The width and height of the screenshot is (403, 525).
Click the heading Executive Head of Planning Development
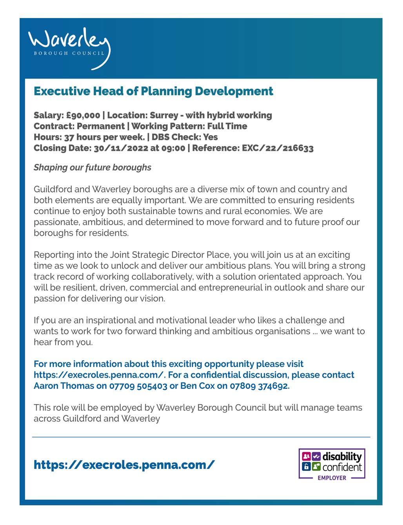(153, 91)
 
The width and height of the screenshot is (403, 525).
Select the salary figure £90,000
(83, 115)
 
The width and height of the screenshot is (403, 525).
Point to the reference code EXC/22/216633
(278, 148)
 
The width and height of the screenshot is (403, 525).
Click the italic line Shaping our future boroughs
(92, 167)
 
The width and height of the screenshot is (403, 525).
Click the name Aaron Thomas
(64, 386)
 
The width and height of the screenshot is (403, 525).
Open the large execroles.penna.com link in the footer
(124, 465)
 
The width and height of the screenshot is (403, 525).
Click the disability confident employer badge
(332, 464)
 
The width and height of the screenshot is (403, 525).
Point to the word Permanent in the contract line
(100, 126)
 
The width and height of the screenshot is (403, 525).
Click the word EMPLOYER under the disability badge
(332, 478)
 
